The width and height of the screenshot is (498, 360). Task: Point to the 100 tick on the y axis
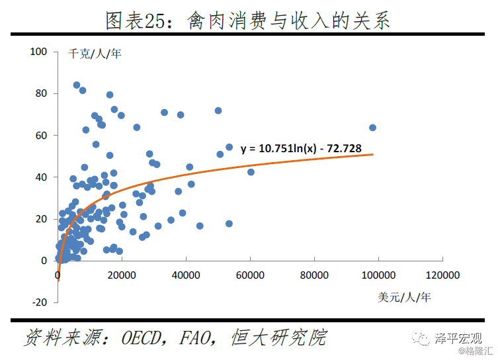39,52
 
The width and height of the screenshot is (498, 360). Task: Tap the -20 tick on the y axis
40,302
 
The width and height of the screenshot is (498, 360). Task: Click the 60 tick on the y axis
42,135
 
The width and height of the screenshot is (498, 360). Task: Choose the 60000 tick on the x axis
250,274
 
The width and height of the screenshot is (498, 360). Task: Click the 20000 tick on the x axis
122,274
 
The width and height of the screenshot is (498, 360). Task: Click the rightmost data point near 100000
372,128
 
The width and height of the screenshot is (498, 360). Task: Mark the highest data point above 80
77,85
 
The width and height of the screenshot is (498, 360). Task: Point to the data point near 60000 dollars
251,172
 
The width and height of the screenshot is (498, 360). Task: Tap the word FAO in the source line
200,337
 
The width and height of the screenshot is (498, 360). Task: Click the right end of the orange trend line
373,155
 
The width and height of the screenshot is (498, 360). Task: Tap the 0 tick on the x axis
58,274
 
